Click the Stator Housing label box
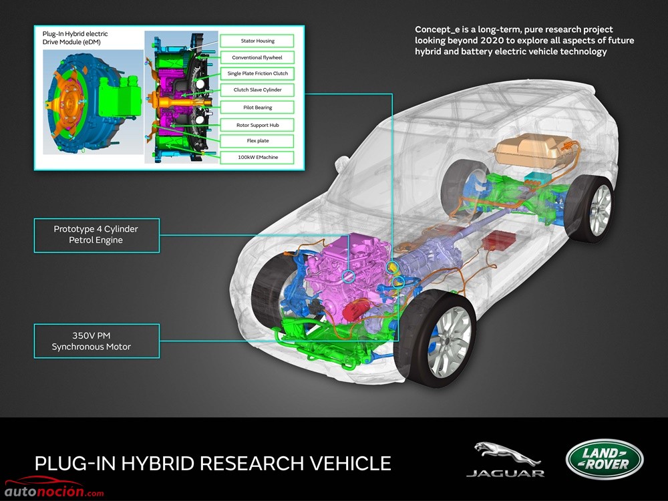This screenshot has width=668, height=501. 257,41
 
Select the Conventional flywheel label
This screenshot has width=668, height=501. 257,57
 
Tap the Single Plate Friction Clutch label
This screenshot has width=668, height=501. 257,73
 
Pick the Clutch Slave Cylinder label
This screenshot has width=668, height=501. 257,90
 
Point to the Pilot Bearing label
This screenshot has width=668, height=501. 257,108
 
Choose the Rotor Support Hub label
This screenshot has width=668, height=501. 257,125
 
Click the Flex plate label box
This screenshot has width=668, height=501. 257,140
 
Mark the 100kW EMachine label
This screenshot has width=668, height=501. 257,157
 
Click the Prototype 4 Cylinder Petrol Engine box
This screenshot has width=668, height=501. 97,236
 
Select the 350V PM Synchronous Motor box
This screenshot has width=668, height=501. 97,341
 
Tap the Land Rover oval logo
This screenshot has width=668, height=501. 605,460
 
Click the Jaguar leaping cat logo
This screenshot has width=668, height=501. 506,454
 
